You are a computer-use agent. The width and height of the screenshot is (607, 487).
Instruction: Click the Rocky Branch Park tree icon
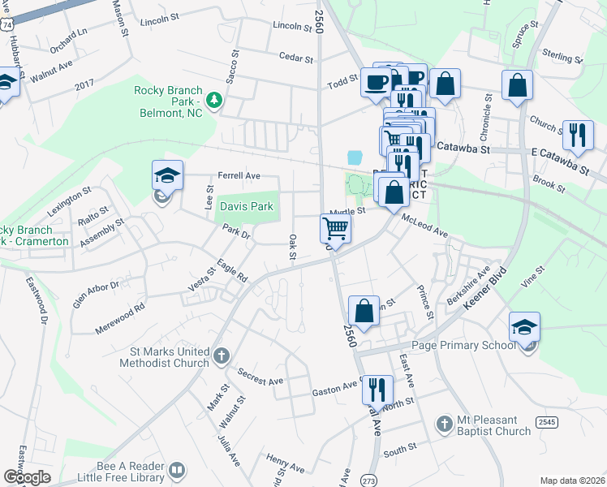215,100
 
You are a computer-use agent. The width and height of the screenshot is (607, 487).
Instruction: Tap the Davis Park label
247,207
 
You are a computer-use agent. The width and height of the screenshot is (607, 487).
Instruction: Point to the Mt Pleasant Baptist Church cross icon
444,424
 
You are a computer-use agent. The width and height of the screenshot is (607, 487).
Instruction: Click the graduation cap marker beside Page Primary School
524,328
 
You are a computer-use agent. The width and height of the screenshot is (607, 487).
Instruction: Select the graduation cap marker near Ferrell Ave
167,176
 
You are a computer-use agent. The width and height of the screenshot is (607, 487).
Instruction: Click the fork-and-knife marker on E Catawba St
578,135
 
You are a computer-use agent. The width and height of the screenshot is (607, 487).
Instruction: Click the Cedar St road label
295,58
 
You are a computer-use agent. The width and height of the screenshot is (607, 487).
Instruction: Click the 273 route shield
368,481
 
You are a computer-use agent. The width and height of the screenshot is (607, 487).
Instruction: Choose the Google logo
27,477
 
